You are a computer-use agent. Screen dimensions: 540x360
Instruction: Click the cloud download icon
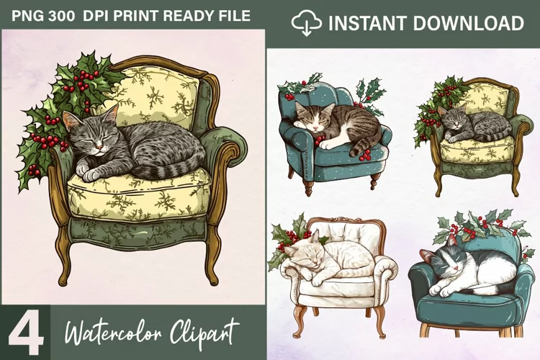(x=307, y=23)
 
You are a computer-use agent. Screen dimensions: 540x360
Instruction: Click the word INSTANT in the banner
(x=367, y=24)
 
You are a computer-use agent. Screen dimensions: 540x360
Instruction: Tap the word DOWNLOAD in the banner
(x=468, y=24)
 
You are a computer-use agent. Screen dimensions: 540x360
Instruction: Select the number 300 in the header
(x=61, y=16)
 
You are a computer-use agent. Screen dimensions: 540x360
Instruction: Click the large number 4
(x=26, y=333)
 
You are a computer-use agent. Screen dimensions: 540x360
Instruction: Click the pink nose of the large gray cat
(x=99, y=147)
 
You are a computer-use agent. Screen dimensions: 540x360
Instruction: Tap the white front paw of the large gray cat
(x=91, y=176)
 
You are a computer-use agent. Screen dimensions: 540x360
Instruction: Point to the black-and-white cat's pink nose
(x=455, y=268)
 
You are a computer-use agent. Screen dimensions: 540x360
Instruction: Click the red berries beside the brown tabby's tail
(x=364, y=156)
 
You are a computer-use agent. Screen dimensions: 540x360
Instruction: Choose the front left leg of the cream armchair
(x=298, y=321)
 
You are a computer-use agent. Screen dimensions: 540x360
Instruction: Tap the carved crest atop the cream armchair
(x=344, y=220)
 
